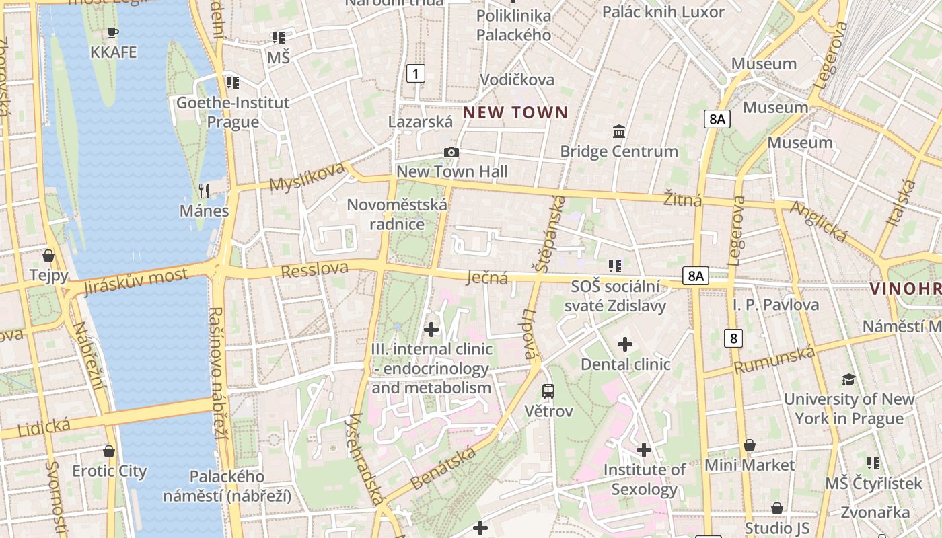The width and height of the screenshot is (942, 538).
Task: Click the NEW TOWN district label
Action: (x=516, y=112)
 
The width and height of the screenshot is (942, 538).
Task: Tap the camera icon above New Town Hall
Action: (x=451, y=153)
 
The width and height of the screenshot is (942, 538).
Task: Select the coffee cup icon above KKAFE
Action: (x=113, y=32)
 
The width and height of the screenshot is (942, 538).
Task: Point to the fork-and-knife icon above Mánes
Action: (x=204, y=191)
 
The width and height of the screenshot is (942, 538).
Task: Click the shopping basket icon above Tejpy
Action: (x=48, y=256)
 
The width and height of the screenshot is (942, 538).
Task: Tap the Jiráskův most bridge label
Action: (x=137, y=280)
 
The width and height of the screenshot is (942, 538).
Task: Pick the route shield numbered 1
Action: (x=416, y=73)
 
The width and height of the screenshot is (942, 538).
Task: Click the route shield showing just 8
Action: (x=733, y=338)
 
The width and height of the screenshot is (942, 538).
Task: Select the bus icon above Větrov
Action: (x=548, y=391)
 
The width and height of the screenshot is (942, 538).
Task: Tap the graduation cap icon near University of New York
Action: (x=848, y=379)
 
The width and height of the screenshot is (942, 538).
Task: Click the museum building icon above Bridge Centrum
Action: (x=619, y=131)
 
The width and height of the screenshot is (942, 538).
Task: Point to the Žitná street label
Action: (x=682, y=200)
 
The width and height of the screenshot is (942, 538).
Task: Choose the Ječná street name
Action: (x=488, y=277)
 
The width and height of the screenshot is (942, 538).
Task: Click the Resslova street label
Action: (x=315, y=270)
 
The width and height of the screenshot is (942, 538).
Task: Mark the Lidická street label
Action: (x=44, y=426)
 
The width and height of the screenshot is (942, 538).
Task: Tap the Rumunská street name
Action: (x=774, y=360)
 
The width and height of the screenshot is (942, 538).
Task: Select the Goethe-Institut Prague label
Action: (x=233, y=112)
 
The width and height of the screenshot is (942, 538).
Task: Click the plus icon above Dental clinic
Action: (x=625, y=344)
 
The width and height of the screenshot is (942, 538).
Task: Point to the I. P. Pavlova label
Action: (x=776, y=305)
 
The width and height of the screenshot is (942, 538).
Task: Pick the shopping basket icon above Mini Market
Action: (x=750, y=445)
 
